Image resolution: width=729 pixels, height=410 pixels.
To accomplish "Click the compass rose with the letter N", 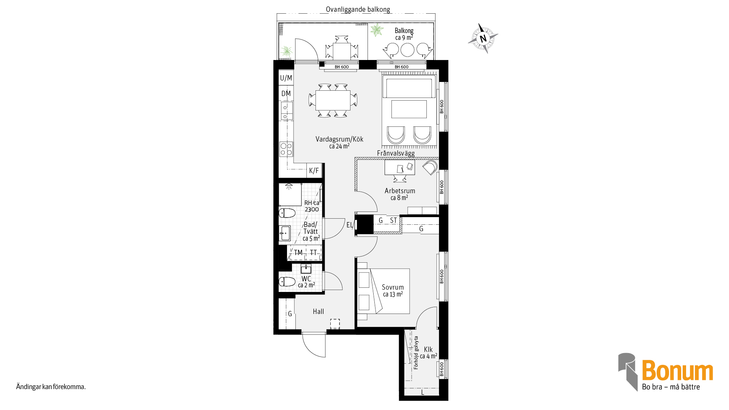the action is tap(483, 38).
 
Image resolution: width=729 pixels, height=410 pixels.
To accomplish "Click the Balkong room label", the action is tap(404, 31).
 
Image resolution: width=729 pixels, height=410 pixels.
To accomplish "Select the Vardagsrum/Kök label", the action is tap(339, 139).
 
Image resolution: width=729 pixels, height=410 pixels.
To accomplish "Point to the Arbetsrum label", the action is tap(400, 191).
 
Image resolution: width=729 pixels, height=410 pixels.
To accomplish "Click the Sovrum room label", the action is tap(393, 287).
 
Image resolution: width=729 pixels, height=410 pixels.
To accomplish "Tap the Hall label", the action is tap(319, 312).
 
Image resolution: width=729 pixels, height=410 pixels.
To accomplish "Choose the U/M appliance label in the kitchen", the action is tap(286, 78).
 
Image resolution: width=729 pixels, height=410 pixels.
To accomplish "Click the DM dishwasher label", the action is tap(286, 94).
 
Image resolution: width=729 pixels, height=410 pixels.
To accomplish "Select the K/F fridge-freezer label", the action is tap(314, 171).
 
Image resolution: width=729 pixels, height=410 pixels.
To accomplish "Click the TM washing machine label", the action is tap(298, 253).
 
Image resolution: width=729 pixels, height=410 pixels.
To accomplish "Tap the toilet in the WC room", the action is tap(287, 282).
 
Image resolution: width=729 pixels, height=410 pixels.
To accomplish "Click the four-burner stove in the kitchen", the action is tap(286, 149).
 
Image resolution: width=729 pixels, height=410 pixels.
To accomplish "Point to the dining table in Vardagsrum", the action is tap(333, 100).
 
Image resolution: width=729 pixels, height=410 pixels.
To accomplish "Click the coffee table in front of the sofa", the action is tap(409, 109).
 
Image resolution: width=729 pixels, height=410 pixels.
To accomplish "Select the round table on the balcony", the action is tap(407, 50).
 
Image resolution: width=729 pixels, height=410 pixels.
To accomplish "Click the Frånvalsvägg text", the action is tap(396, 153).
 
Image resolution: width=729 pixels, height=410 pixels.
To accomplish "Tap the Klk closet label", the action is tap(428, 350).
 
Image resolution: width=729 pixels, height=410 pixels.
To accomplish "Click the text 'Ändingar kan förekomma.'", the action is tap(51, 387).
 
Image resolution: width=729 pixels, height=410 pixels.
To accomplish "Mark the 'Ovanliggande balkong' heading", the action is tap(358, 9).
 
